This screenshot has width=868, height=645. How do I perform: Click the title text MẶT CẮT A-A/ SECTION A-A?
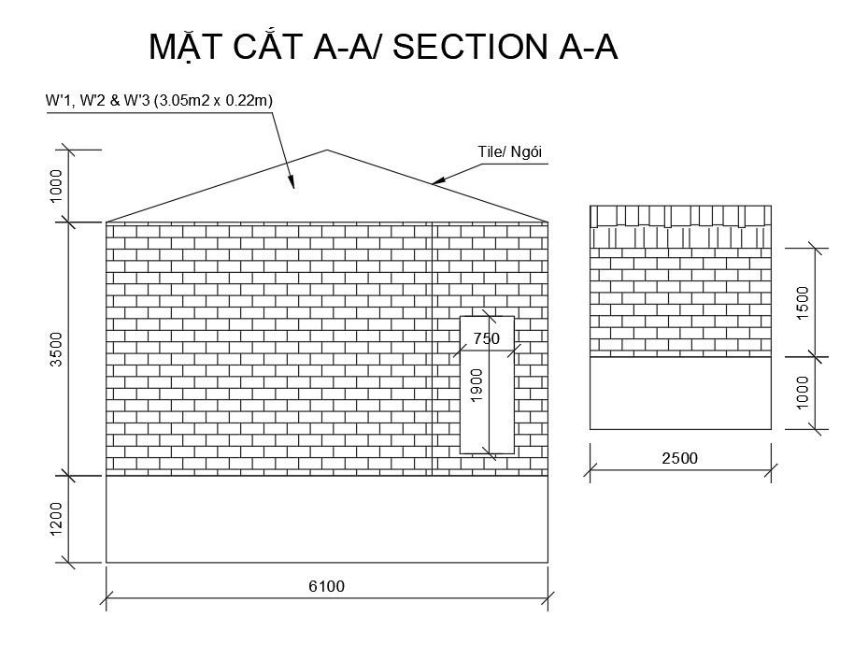click(x=383, y=48)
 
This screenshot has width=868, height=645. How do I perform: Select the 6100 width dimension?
click(x=326, y=586)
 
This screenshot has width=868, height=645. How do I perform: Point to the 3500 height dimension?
click(x=57, y=349)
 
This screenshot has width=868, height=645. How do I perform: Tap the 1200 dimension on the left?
click(x=57, y=519)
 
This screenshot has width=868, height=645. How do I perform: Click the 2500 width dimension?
click(x=679, y=458)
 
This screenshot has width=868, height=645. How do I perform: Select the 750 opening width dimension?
click(x=487, y=338)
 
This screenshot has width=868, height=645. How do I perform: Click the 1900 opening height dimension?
click(x=477, y=386)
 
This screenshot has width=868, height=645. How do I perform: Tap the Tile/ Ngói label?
click(x=510, y=152)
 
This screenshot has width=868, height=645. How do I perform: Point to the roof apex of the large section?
click(x=326, y=150)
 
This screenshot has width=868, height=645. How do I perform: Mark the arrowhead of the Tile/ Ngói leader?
click(x=434, y=182)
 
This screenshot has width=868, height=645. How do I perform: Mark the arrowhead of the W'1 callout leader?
click(x=293, y=185)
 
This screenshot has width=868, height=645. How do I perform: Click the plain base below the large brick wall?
click(x=326, y=520)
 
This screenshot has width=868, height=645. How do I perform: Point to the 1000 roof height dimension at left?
click(x=57, y=186)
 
